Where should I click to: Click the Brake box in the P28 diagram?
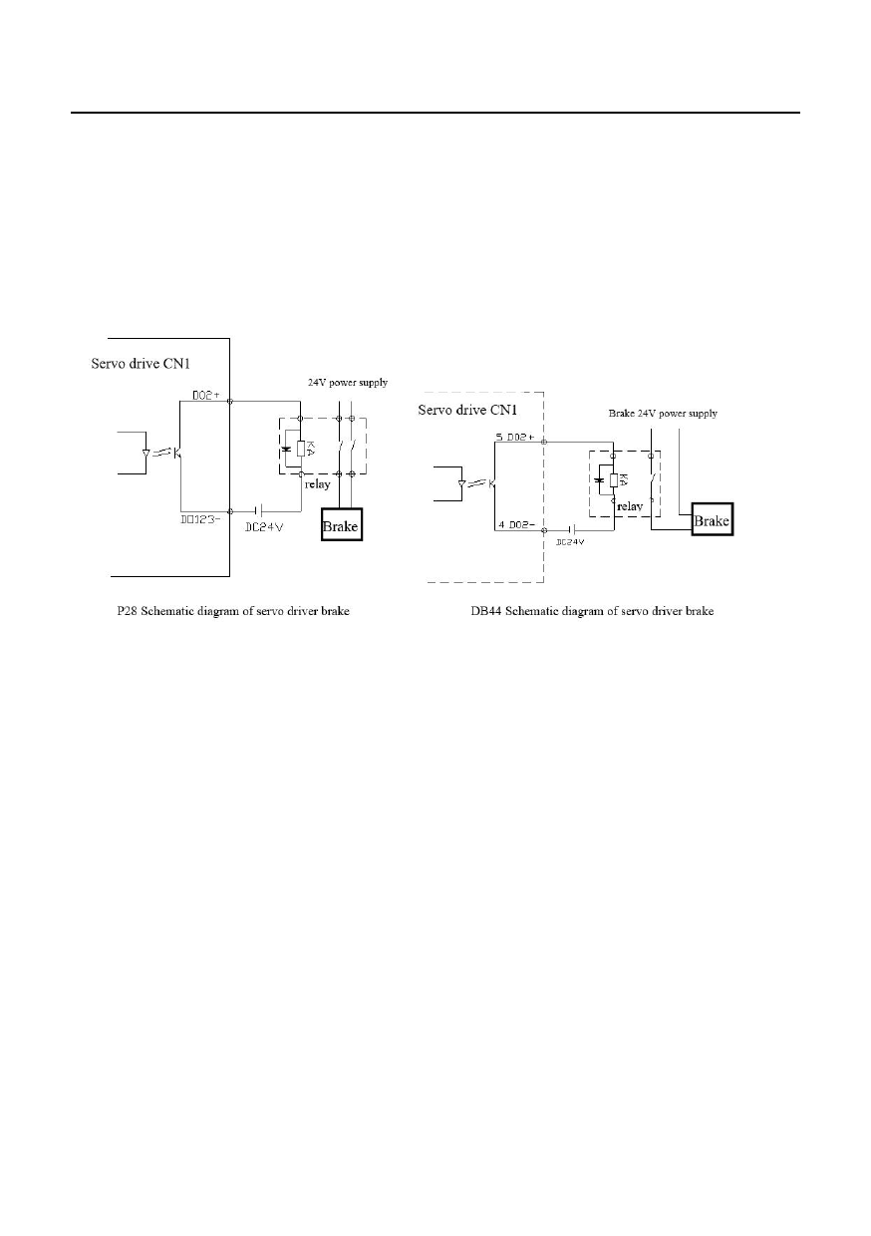(340, 525)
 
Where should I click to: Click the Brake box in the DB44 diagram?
(712, 520)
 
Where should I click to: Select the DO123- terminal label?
(202, 518)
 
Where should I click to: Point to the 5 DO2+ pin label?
(515, 437)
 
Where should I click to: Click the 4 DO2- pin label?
(515, 524)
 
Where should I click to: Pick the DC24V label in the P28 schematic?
(265, 527)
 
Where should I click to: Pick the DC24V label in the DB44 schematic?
(569, 541)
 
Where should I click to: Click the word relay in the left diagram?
(317, 485)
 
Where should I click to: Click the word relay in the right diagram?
(629, 505)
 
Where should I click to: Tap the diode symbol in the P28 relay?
(287, 450)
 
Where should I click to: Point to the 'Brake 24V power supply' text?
(662, 413)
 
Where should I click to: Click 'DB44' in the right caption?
(485, 611)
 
